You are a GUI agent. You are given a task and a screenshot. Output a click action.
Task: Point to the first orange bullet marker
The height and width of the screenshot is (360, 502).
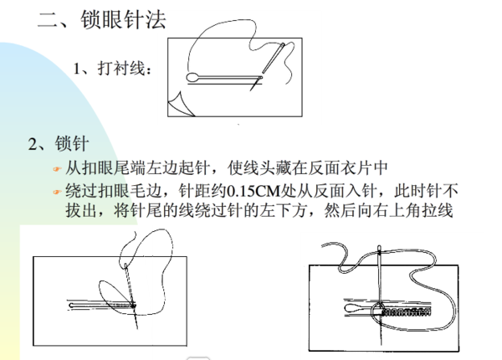point(57,168)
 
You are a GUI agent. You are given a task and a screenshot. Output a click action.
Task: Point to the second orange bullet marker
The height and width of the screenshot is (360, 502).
point(57,191)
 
